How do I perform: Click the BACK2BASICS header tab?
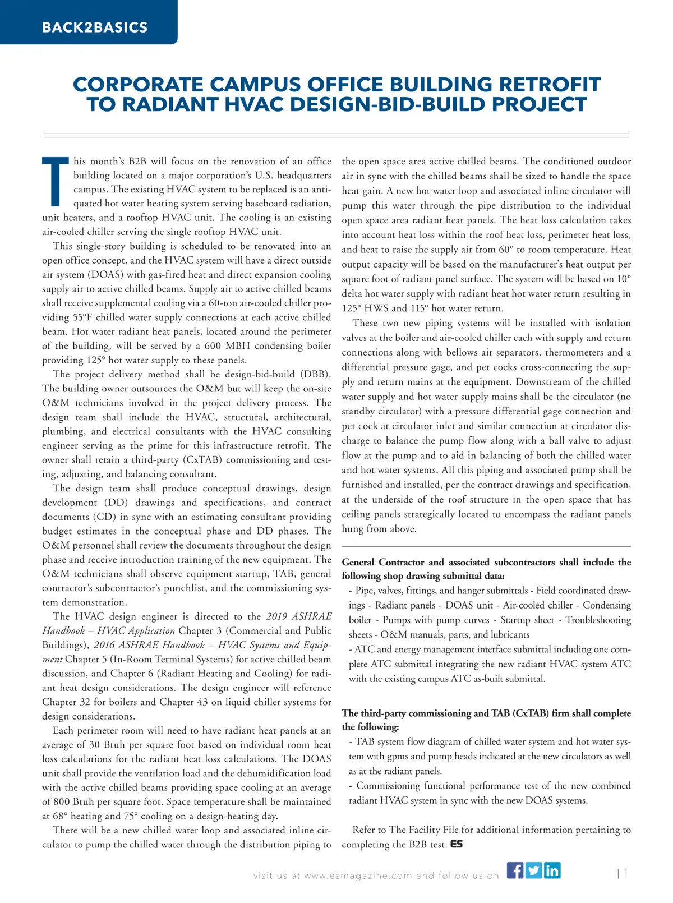pyautogui.click(x=94, y=27)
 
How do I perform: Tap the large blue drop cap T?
pyautogui.click(x=55, y=181)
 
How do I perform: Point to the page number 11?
pyautogui.click(x=621, y=874)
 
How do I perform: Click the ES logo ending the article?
pyautogui.click(x=457, y=844)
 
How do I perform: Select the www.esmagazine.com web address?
pyautogui.click(x=358, y=876)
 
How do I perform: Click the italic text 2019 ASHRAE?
pyautogui.click(x=299, y=616)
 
